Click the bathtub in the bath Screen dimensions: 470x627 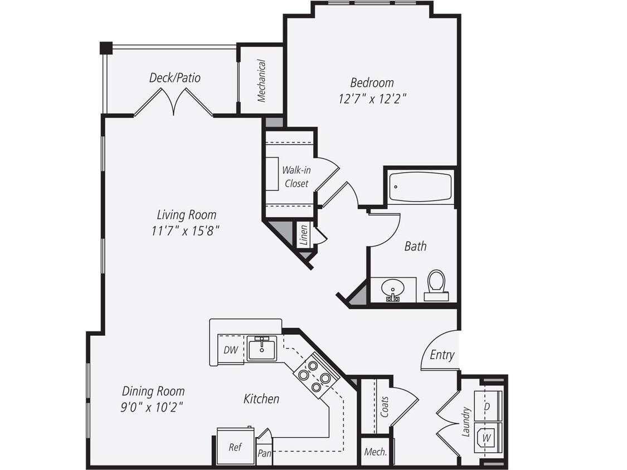pyautogui.click(x=420, y=187)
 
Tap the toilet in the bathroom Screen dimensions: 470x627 pyautogui.click(x=436, y=285)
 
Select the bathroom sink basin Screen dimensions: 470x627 pyautogui.click(x=393, y=290)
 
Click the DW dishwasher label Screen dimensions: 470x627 pyautogui.click(x=231, y=350)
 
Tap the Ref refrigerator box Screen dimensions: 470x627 pyautogui.click(x=235, y=447)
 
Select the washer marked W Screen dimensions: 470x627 pyautogui.click(x=487, y=438)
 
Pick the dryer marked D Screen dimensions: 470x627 pyautogui.click(x=487, y=407)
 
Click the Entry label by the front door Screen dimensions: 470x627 pyautogui.click(x=442, y=355)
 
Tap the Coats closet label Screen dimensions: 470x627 pyautogui.click(x=384, y=407)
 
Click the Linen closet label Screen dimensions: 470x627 pyautogui.click(x=304, y=236)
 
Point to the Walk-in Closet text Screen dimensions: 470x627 pyautogui.click(x=296, y=177)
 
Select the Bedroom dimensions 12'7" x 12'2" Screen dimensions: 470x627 pyautogui.click(x=372, y=99)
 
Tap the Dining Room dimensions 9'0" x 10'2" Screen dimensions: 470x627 pyautogui.click(x=153, y=407)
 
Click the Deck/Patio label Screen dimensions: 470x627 pyautogui.click(x=174, y=77)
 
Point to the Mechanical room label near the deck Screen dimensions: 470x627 pyautogui.click(x=261, y=81)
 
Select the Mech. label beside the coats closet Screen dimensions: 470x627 pyautogui.click(x=375, y=452)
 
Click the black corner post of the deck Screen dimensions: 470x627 pyautogui.click(x=106, y=48)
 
